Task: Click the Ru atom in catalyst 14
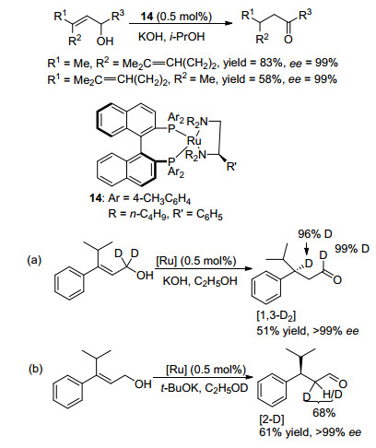point(194,141)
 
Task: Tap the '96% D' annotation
point(315,234)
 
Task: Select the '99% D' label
point(352,249)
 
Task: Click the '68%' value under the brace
point(323,413)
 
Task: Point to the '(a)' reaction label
point(34,260)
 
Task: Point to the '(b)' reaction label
point(36,369)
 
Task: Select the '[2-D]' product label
point(272,419)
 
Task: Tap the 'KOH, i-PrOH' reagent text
point(171,37)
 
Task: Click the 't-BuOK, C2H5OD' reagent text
point(205,388)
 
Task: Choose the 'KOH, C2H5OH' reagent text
point(200,281)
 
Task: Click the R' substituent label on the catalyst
point(231,167)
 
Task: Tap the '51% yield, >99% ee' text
point(308,331)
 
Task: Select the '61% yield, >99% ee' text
point(311,432)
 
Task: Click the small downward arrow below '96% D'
point(306,249)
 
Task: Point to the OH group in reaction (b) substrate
point(143,383)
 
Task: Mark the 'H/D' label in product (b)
point(333,395)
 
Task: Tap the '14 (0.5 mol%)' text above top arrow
point(176,16)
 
